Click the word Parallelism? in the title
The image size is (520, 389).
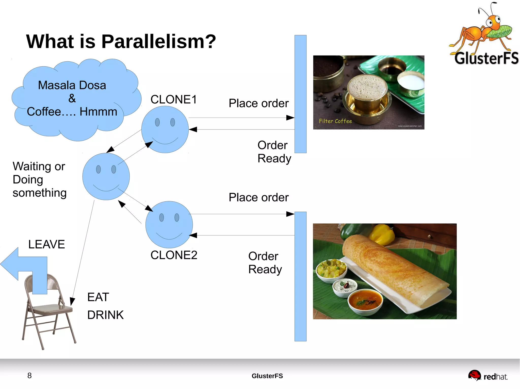159,42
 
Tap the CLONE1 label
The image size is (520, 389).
174,99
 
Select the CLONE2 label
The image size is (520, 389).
174,255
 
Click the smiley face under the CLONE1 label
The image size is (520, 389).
165,129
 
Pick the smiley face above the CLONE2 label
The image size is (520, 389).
169,225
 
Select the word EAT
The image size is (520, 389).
98,297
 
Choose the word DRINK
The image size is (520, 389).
105,315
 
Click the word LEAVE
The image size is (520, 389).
46,244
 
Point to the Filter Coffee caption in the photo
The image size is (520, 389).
335,121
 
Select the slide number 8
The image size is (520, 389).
29,375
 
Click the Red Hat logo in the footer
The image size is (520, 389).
487,376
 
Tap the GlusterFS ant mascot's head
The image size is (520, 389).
493,22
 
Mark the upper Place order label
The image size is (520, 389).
258,103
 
